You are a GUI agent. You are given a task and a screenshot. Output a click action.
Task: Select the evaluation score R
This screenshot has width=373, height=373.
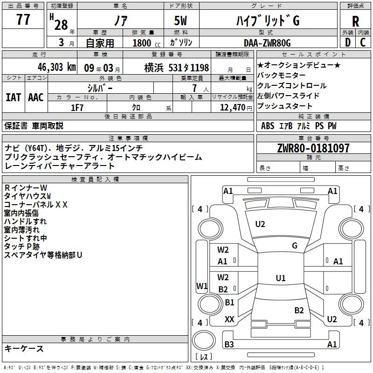(x=355, y=21)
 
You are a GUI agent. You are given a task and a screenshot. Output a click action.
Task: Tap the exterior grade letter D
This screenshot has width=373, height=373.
(x=347, y=42)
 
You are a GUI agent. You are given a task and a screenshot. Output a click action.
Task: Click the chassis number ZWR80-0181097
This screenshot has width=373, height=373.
(x=313, y=148)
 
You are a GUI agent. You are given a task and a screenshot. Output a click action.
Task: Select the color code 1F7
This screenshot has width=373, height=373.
(x=77, y=107)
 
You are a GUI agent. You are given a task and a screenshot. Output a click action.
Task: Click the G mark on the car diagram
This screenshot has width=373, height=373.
(x=294, y=246)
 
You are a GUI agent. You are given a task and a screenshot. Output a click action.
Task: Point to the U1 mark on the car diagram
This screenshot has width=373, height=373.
(x=280, y=278)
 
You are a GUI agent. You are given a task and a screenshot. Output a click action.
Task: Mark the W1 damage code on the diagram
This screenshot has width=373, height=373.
(x=202, y=285)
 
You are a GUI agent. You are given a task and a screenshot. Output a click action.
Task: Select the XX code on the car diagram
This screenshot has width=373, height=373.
(x=229, y=319)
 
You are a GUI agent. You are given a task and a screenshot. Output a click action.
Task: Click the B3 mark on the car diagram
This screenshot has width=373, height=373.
(x=229, y=345)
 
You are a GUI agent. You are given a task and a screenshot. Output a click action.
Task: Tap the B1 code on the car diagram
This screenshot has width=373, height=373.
(x=229, y=303)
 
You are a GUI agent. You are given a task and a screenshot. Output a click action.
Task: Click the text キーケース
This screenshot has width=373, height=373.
(x=24, y=348)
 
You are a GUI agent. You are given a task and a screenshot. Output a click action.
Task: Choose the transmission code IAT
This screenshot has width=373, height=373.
(x=13, y=97)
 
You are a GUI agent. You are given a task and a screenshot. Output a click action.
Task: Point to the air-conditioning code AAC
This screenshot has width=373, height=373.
(x=35, y=97)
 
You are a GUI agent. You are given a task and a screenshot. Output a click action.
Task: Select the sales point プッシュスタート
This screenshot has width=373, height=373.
(x=279, y=106)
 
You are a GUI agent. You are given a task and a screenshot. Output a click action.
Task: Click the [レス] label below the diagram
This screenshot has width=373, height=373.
(x=204, y=357)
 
